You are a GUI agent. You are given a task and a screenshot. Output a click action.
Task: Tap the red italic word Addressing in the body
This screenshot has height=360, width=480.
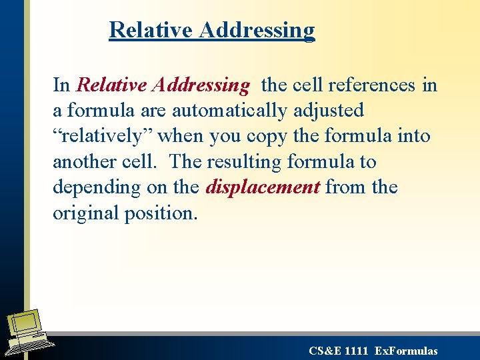coord(201,85)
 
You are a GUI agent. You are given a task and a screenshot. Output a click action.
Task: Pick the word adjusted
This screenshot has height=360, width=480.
coord(329,110)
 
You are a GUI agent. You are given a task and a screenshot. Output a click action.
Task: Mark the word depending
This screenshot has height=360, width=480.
coord(91,188)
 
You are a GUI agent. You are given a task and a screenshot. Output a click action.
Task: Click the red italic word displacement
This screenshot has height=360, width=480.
coord(263,187)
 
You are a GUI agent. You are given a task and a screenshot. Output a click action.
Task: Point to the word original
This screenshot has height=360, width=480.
coord(86,213)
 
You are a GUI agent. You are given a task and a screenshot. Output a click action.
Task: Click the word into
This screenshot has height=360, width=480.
coord(413,136)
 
